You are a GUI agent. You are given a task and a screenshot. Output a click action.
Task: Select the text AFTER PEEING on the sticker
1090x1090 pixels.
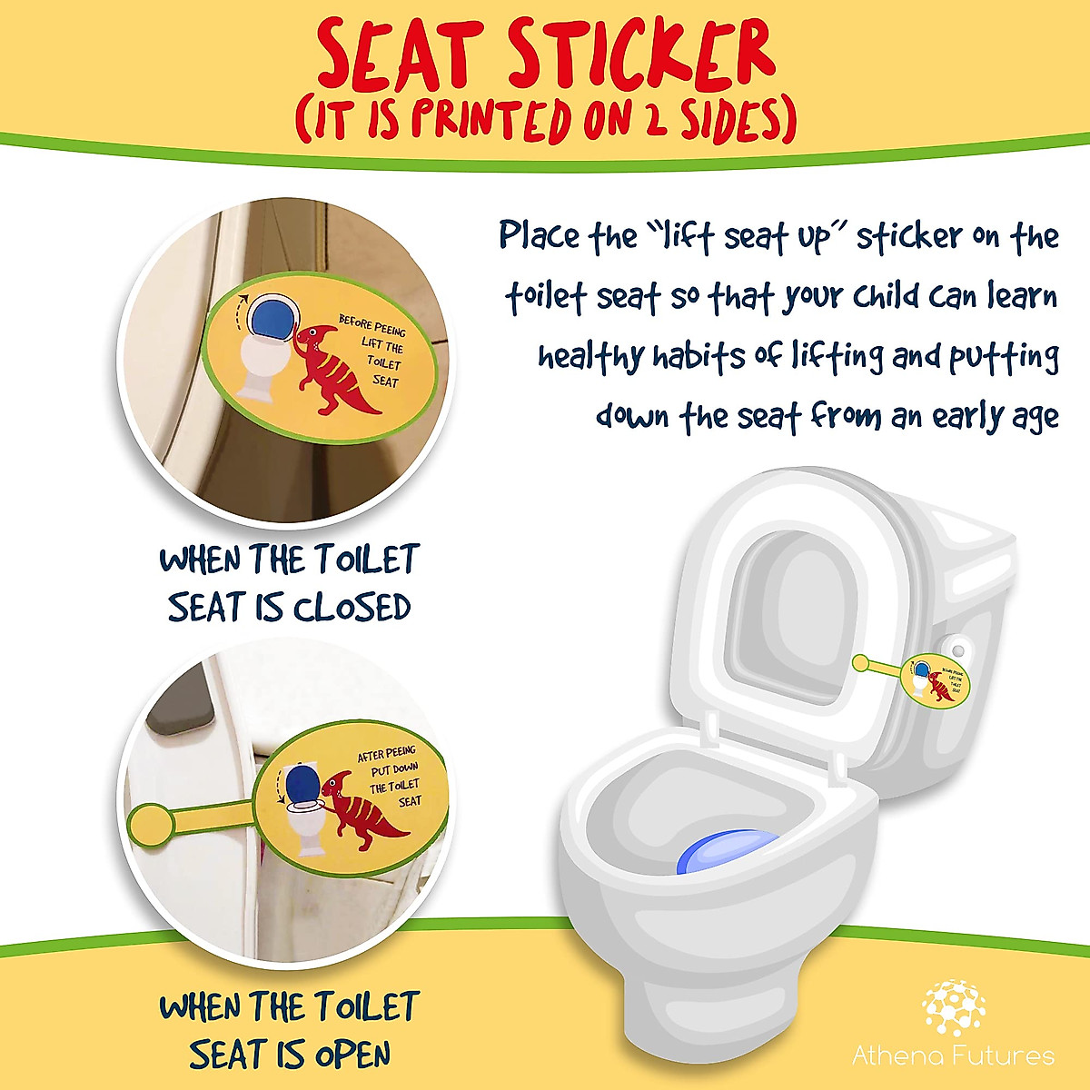point(386,754)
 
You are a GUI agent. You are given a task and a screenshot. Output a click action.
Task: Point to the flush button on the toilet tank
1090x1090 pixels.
point(959,650)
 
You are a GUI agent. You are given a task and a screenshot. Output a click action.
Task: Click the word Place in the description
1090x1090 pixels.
point(540,236)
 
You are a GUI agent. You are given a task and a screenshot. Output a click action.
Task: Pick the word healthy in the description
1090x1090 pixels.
point(590,356)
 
